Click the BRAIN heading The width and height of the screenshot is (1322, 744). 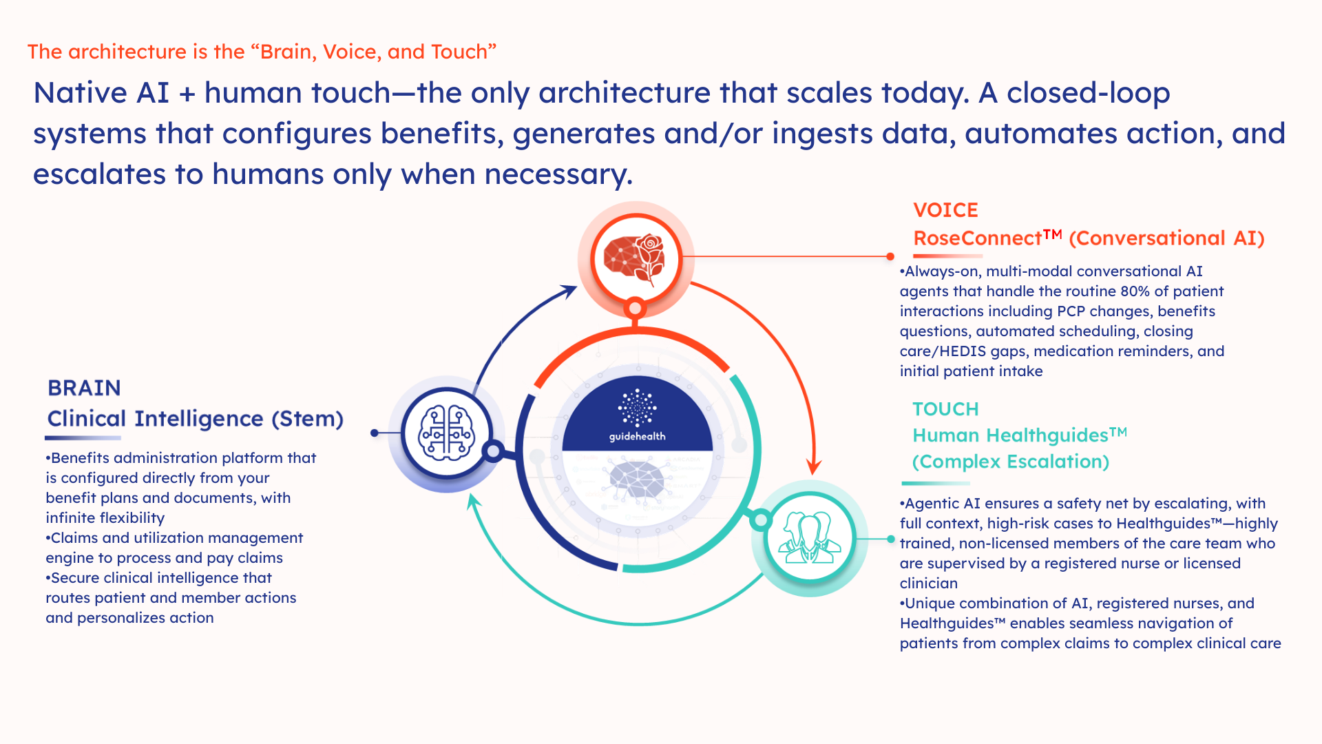(84, 388)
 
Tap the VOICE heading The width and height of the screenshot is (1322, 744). (945, 209)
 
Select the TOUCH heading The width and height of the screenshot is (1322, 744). (945, 409)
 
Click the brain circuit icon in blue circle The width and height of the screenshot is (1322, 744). (447, 433)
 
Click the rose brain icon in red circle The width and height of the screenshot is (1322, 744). (635, 259)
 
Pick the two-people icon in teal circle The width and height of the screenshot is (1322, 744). (810, 538)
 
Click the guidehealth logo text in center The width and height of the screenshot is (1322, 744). (637, 436)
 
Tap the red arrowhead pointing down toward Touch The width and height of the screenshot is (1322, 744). (814, 467)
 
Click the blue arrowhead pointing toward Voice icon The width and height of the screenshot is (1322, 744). (569, 291)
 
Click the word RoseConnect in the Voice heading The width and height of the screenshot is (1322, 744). (978, 238)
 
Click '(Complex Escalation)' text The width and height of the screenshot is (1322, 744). (1010, 462)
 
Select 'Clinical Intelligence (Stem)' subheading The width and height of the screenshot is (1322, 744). (195, 419)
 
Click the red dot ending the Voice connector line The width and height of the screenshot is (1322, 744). (890, 256)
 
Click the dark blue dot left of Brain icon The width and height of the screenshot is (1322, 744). (374, 433)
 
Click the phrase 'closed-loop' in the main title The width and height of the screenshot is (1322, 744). (1088, 93)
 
